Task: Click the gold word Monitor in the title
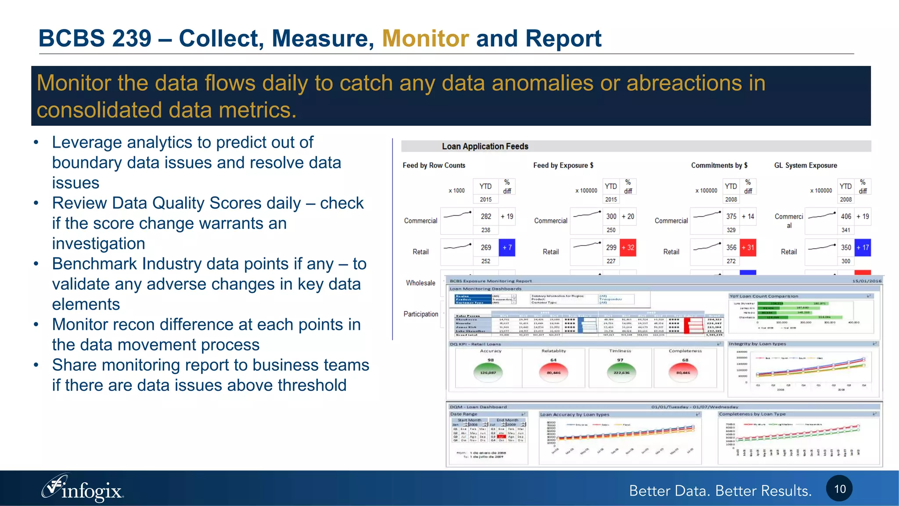425,38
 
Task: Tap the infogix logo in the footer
83,488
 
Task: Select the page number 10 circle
839,488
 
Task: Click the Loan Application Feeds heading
485,146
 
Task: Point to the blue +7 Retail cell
507,247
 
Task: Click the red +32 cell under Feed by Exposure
628,247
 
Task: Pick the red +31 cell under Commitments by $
748,247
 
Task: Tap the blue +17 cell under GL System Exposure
863,247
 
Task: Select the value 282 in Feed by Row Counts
485,216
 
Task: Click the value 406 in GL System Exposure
846,216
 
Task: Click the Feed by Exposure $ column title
563,165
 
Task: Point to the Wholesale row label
421,283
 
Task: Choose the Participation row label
421,314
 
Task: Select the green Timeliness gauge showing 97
621,372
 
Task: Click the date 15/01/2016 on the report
867,281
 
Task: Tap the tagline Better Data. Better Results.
720,491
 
